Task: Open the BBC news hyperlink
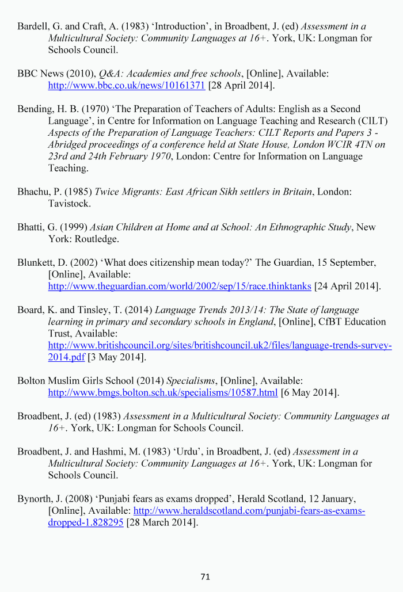pyautogui.click(x=126, y=86)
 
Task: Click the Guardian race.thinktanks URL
pyautogui.click(x=179, y=286)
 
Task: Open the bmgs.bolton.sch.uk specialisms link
pyautogui.click(x=162, y=393)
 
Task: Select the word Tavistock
pyautogui.click(x=69, y=204)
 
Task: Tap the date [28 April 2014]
pyautogui.click(x=241, y=86)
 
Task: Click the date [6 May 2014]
pyautogui.click(x=310, y=393)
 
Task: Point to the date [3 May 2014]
pyautogui.click(x=117, y=357)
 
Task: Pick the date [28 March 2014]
pyautogui.click(x=162, y=523)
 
